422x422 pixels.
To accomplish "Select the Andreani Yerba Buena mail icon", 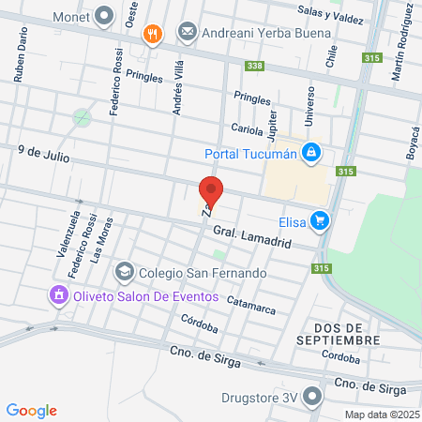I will tap(188, 33).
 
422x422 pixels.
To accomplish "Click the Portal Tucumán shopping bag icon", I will tap(310, 153).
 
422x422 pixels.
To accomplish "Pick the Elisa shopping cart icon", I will tap(321, 221).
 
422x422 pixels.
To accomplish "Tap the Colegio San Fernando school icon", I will tap(124, 272).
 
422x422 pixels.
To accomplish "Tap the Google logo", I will tap(31, 410).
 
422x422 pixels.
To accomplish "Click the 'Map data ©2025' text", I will tap(382, 414).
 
